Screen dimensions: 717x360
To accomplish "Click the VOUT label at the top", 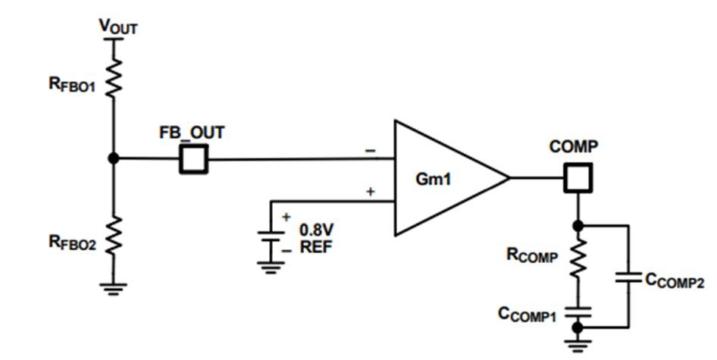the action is [x=118, y=27].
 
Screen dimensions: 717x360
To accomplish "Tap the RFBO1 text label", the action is [x=72, y=85].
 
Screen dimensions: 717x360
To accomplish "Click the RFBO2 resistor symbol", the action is [x=114, y=235].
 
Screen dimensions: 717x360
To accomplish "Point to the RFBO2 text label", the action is [x=72, y=243].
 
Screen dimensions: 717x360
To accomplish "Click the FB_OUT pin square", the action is [x=193, y=159].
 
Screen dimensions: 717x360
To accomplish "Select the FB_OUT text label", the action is [x=192, y=133].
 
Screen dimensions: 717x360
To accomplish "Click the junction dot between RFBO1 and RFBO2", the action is [x=114, y=158].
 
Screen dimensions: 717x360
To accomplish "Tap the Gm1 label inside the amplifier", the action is [x=433, y=179].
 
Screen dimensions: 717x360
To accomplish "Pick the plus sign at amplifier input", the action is [x=371, y=192].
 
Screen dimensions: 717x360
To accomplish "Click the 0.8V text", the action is [x=316, y=229].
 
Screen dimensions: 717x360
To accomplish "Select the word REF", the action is [x=316, y=247].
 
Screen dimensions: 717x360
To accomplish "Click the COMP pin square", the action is [x=578, y=177].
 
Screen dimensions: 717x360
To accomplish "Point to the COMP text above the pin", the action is [x=574, y=147].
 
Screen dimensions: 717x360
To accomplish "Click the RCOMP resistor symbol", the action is [x=578, y=258].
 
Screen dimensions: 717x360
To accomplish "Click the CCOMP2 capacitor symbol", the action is [x=629, y=277].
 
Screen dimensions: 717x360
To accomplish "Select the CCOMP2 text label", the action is [x=675, y=280].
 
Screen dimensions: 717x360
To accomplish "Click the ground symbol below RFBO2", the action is [x=114, y=289].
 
